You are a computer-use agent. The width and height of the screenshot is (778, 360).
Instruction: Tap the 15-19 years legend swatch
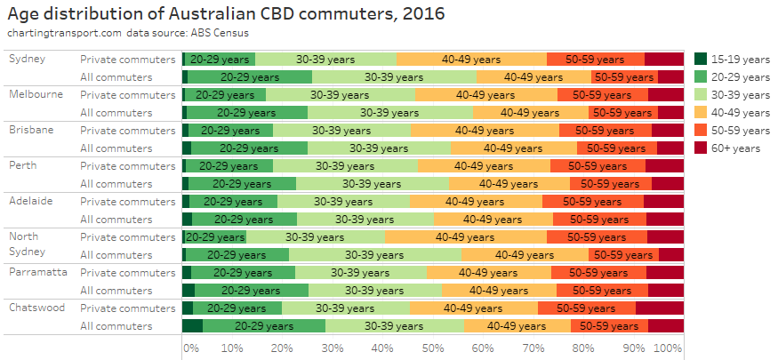click(701, 60)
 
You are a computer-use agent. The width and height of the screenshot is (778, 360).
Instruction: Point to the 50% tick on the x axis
click(433, 348)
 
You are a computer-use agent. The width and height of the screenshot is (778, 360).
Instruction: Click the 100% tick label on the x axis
click(668, 348)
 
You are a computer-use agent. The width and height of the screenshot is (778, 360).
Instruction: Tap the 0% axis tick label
click(190, 348)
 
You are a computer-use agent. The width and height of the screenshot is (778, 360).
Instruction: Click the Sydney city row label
click(27, 59)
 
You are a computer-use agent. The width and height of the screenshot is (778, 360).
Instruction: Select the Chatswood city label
click(36, 308)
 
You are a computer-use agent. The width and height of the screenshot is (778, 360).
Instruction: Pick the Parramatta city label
click(37, 272)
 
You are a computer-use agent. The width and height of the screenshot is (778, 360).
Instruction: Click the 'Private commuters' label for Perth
click(128, 165)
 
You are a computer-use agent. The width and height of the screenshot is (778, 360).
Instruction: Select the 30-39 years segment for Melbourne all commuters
click(389, 113)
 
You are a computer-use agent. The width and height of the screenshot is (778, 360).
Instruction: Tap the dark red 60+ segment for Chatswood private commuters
click(659, 308)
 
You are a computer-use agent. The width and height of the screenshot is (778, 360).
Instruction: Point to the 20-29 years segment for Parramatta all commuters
click(252, 291)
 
